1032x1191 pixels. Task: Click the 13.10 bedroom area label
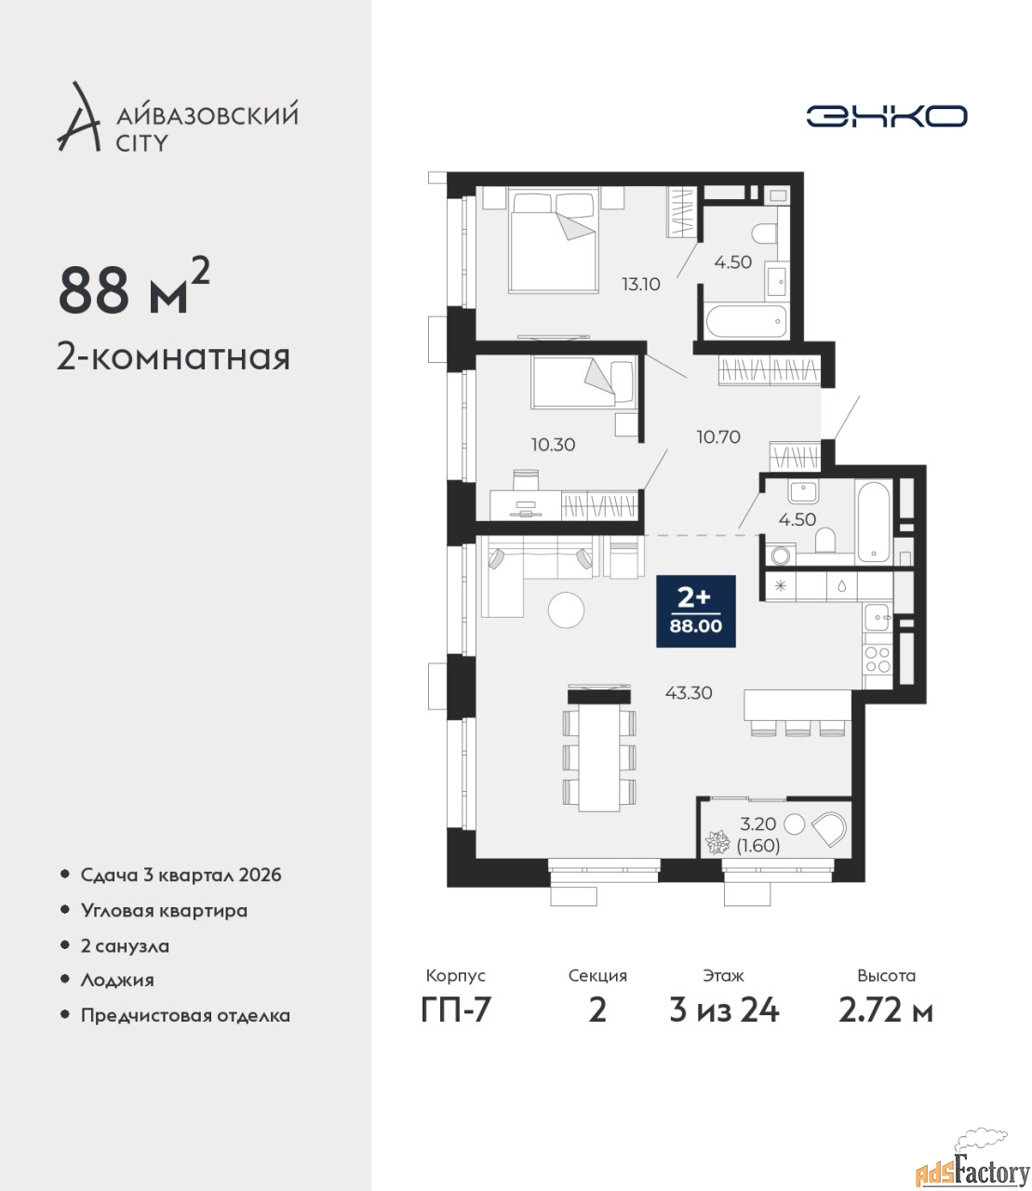pos(641,284)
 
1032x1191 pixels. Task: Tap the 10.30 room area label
pos(553,445)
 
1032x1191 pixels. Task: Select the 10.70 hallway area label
pos(718,436)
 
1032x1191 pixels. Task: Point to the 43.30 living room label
pos(689,692)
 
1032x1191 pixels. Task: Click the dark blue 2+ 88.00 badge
pos(695,610)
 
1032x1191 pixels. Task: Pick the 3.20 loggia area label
pos(757,823)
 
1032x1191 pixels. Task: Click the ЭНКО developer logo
pos(886,115)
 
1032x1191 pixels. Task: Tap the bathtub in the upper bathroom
pos(746,322)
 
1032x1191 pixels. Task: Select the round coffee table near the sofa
pos(566,609)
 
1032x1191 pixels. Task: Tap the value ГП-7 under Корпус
pos(456,1010)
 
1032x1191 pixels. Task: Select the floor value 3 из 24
pos(724,1010)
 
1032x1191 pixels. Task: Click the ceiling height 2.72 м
pos(886,1010)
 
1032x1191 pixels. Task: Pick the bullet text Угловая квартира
pos(164,911)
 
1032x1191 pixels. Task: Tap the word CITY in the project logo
pos(141,143)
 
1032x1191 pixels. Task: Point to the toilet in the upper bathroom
pos(764,234)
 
